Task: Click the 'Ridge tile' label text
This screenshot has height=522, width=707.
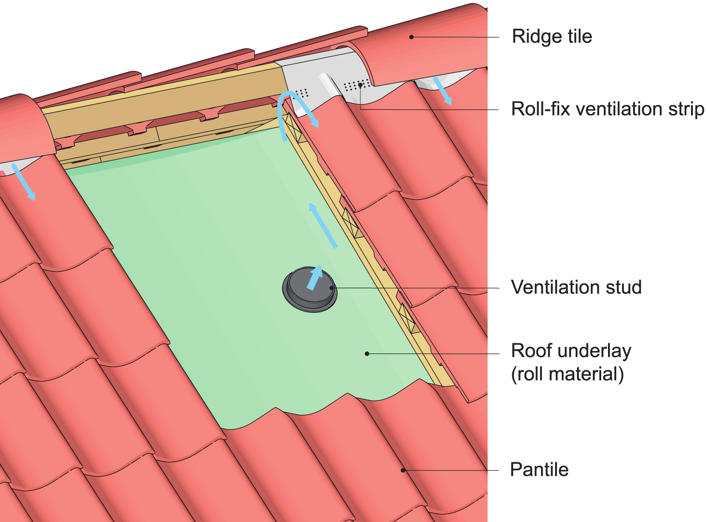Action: pyautogui.click(x=552, y=36)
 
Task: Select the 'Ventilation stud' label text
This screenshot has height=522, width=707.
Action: pyautogui.click(x=576, y=287)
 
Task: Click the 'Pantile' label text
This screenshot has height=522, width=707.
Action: pyautogui.click(x=539, y=470)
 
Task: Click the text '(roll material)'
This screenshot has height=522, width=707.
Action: pyautogui.click(x=567, y=374)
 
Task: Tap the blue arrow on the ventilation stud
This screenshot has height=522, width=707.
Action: pyautogui.click(x=315, y=277)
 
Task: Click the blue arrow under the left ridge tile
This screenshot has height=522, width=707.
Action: pyautogui.click(x=23, y=181)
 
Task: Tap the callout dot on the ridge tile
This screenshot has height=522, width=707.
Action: pyautogui.click(x=411, y=37)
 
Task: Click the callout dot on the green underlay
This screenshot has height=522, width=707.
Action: pyautogui.click(x=367, y=353)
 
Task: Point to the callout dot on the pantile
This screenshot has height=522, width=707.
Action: pyautogui.click(x=403, y=470)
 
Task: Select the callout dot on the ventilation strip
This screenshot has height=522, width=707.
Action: pyautogui.click(x=360, y=85)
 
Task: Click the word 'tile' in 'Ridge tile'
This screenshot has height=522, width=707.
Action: pyautogui.click(x=578, y=36)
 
